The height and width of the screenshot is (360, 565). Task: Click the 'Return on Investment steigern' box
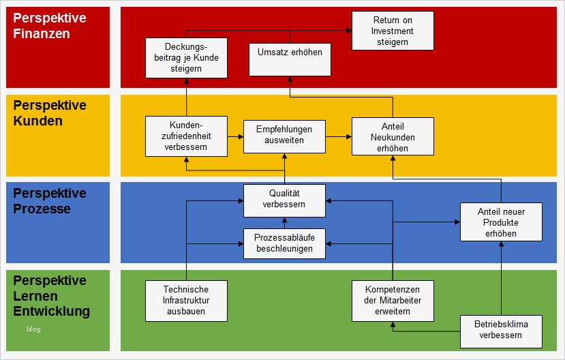393,31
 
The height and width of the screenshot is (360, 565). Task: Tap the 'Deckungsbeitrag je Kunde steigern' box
186,58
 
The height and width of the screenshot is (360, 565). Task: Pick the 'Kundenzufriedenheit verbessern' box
186,136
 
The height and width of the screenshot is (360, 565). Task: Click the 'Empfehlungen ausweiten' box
284,134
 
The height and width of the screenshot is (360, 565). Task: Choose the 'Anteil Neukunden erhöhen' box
393,136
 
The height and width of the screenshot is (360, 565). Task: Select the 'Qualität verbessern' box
284,198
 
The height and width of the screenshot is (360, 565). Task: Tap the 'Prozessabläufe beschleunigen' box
284,243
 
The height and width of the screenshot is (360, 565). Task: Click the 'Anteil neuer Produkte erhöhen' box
501,222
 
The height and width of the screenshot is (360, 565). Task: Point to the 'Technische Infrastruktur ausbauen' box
186,301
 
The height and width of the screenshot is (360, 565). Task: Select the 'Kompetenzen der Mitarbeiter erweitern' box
393,301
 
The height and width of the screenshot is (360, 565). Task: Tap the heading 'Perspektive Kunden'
50,113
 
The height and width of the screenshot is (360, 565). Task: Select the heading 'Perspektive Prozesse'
50,201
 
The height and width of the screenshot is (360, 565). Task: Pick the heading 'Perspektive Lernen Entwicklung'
51,296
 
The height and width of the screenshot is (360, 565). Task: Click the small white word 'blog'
33,329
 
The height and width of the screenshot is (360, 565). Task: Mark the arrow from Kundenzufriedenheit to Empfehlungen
236,137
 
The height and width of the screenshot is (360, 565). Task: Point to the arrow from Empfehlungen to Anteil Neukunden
338,137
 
